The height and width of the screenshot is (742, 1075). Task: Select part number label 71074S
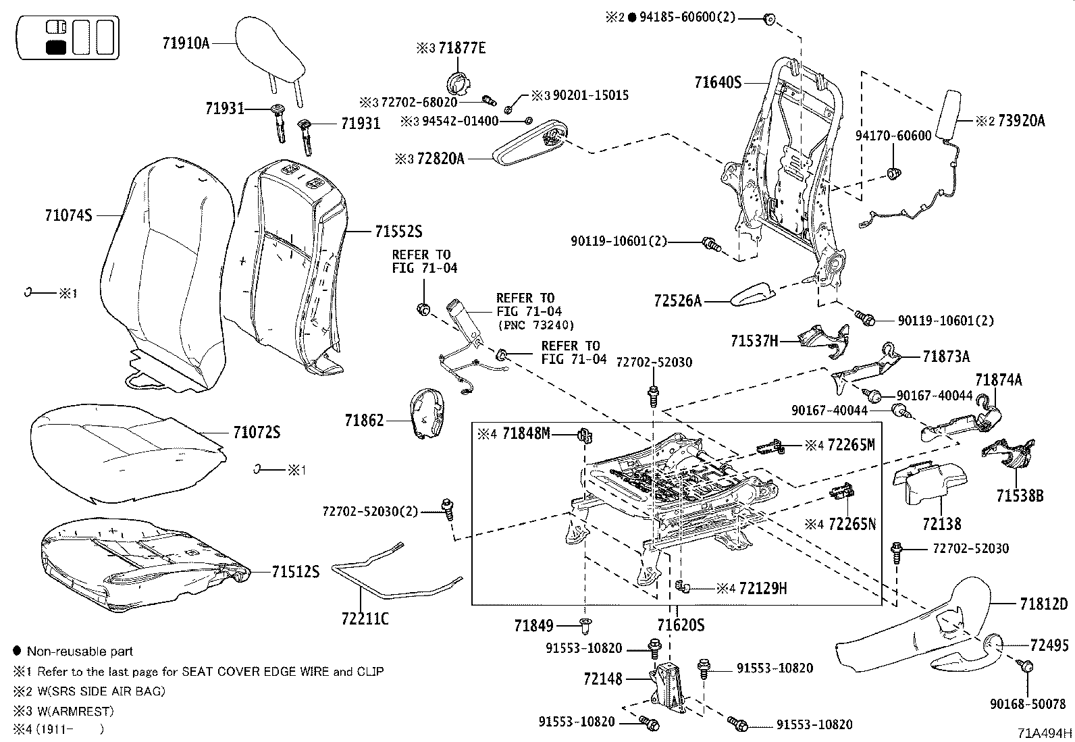pyautogui.click(x=68, y=215)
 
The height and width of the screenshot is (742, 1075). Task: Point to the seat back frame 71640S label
pyautogui.click(x=718, y=83)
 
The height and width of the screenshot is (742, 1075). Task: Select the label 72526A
pyautogui.click(x=677, y=300)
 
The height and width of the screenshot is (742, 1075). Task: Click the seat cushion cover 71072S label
pyautogui.click(x=257, y=432)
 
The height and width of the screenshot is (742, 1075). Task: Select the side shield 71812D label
pyautogui.click(x=1044, y=604)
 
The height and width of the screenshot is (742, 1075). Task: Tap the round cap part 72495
pyautogui.click(x=991, y=645)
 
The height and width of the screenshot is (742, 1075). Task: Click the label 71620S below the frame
pyautogui.click(x=681, y=625)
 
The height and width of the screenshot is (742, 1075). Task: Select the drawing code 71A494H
pyautogui.click(x=1046, y=733)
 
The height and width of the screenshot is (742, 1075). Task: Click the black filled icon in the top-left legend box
pyautogui.click(x=56, y=47)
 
